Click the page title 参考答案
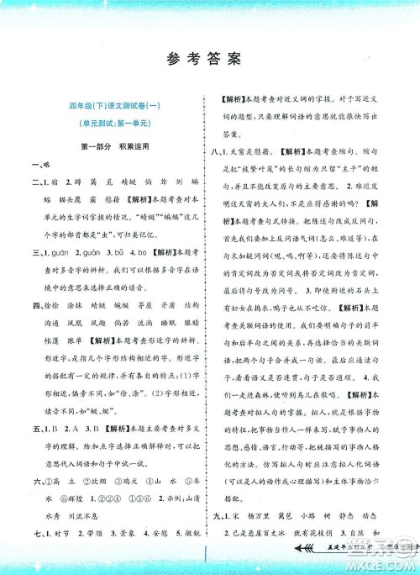click(x=209, y=58)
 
